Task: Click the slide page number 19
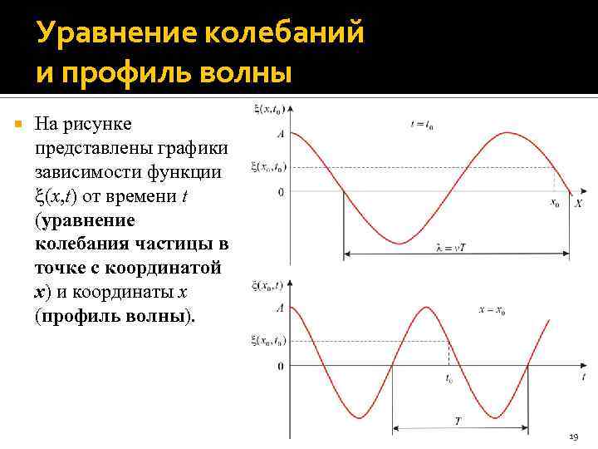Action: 573,437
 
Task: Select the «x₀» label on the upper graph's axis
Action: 555,203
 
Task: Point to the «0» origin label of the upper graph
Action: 281,192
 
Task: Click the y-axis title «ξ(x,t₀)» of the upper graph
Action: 266,109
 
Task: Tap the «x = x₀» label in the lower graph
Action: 493,310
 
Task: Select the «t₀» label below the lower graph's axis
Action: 448,378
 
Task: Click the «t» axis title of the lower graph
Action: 583,377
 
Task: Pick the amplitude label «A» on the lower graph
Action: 280,308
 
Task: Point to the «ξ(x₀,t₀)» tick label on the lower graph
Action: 267,340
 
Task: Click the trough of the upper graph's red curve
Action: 399,244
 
